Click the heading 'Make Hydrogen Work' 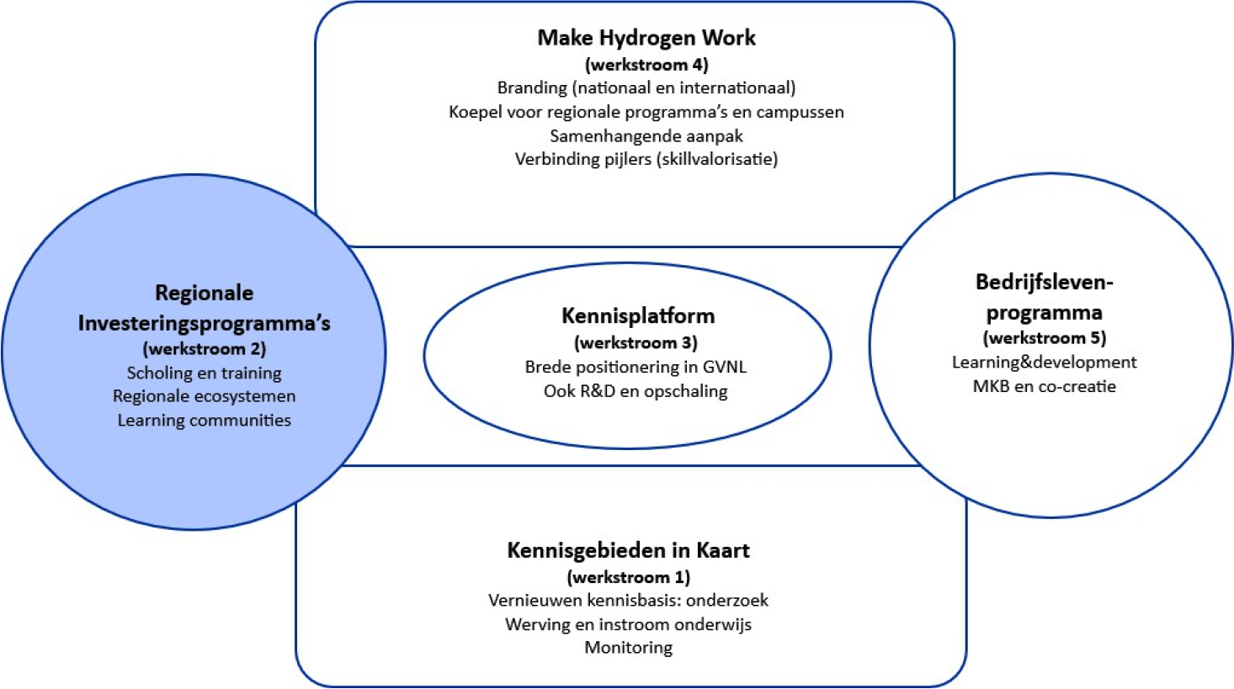pyautogui.click(x=646, y=38)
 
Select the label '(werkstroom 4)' pyautogui.click(x=646, y=65)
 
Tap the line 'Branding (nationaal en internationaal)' pyautogui.click(x=646, y=87)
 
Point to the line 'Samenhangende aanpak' pyautogui.click(x=646, y=135)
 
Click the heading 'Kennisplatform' pyautogui.click(x=637, y=316)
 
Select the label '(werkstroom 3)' pyautogui.click(x=636, y=343)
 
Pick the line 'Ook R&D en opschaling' pyautogui.click(x=636, y=391)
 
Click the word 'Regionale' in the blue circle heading pyautogui.click(x=204, y=293)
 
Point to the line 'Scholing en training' pyautogui.click(x=204, y=373)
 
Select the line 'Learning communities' pyautogui.click(x=204, y=421)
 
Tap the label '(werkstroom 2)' pyautogui.click(x=204, y=349)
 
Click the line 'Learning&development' pyautogui.click(x=1044, y=363)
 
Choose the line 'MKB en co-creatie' pyautogui.click(x=1044, y=387)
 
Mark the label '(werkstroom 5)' pyautogui.click(x=1044, y=338)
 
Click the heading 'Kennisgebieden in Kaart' pyautogui.click(x=628, y=551)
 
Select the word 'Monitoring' pyautogui.click(x=628, y=648)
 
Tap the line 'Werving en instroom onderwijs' pyautogui.click(x=628, y=624)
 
